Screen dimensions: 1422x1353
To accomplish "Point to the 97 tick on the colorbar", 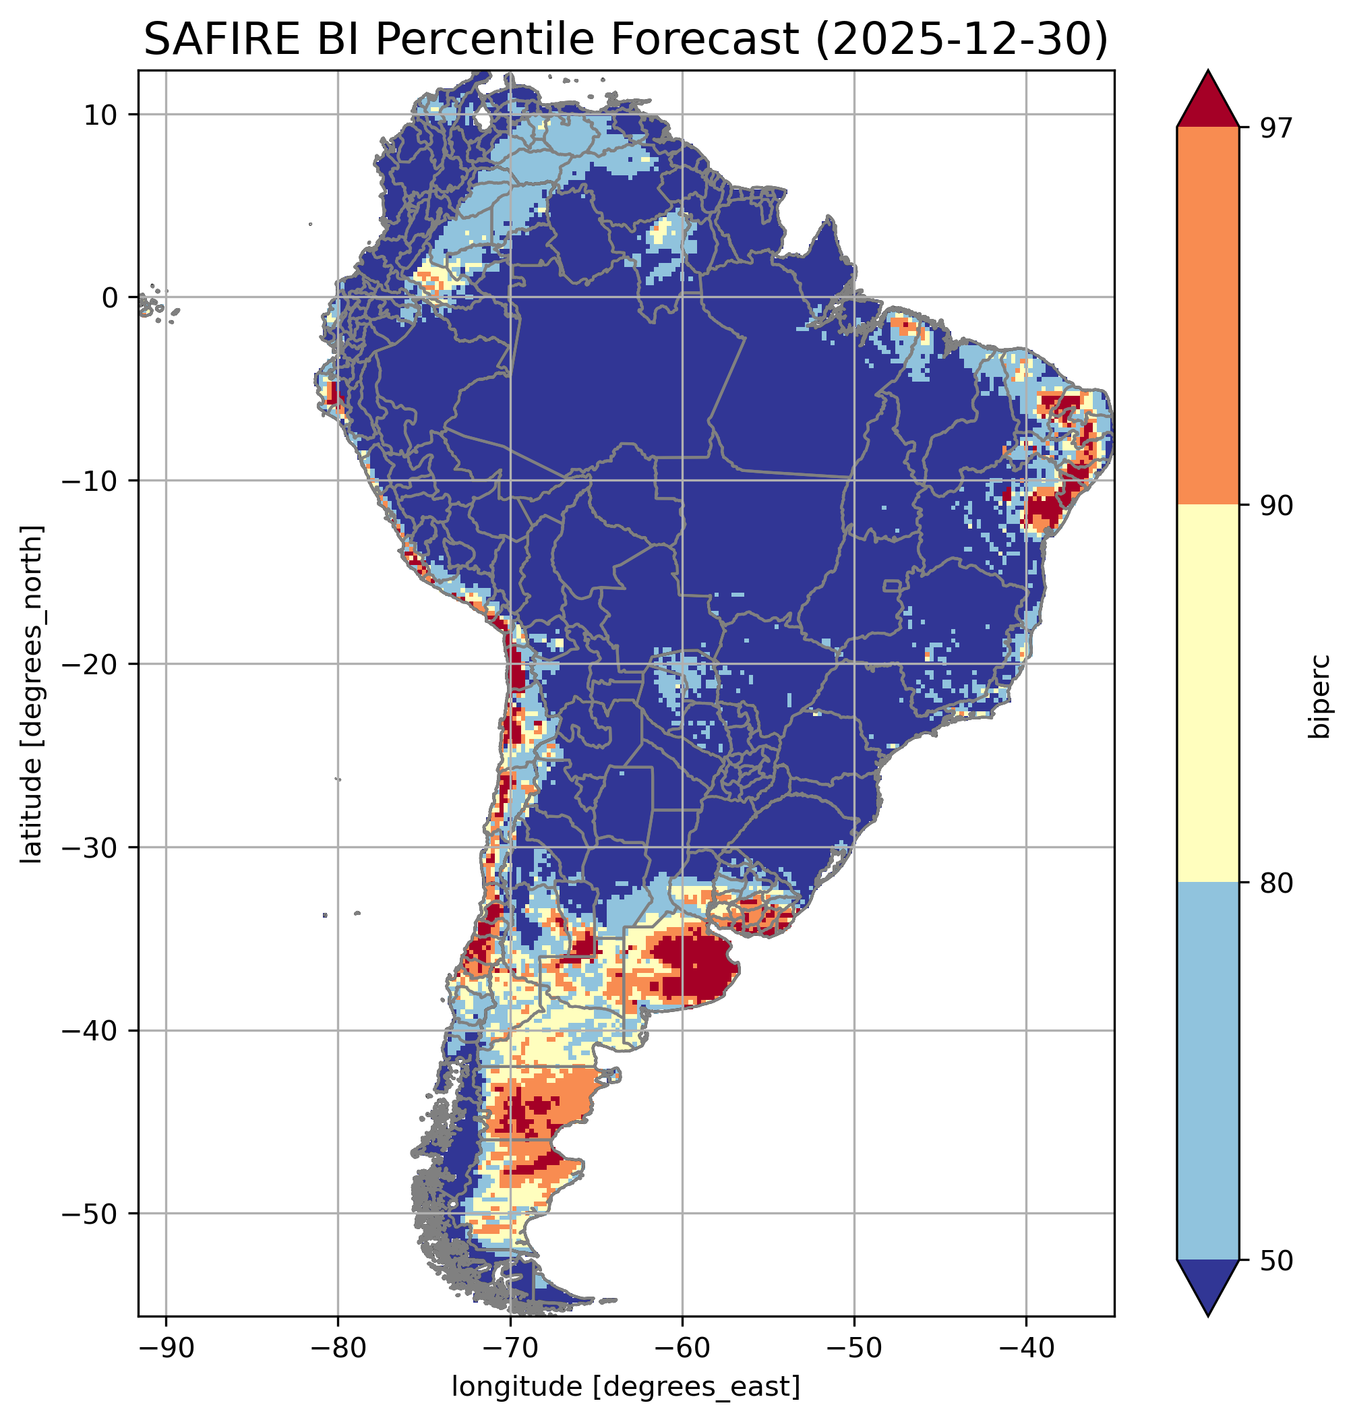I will (1274, 127).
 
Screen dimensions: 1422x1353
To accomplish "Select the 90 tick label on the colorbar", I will (1274, 506).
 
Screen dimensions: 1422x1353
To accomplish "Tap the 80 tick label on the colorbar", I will (1274, 883).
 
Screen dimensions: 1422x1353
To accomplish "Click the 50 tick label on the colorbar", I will (1274, 1261).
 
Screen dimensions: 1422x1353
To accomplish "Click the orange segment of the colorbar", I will (1208, 316).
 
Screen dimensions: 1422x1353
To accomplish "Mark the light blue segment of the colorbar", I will (1208, 1071).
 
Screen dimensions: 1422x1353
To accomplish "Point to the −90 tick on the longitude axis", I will (166, 1348).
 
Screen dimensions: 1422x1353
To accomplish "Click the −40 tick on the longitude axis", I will (1026, 1348).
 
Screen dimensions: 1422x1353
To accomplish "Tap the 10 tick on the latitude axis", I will (100, 115).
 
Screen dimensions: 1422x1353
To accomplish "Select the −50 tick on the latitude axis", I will (90, 1214).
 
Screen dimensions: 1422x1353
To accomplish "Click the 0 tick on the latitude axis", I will (111, 297).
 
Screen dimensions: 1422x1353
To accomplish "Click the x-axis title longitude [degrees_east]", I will (626, 1386).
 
